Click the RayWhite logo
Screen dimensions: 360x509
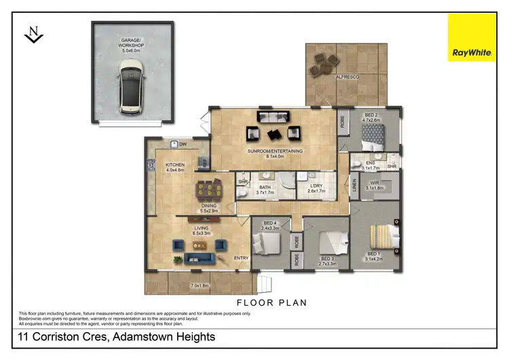(x=472, y=37)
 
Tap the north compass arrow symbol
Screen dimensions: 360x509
(x=34, y=35)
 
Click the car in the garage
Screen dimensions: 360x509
(x=131, y=84)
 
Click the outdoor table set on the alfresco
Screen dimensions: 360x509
(x=323, y=63)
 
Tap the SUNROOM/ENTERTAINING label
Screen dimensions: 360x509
(x=276, y=151)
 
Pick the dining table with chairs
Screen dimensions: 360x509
(x=208, y=190)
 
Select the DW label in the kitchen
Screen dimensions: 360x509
(x=183, y=144)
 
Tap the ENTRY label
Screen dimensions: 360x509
(x=241, y=258)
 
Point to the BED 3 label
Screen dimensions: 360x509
(x=327, y=258)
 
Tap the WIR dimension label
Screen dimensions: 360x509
(x=375, y=187)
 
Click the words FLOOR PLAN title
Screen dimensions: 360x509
(x=271, y=303)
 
